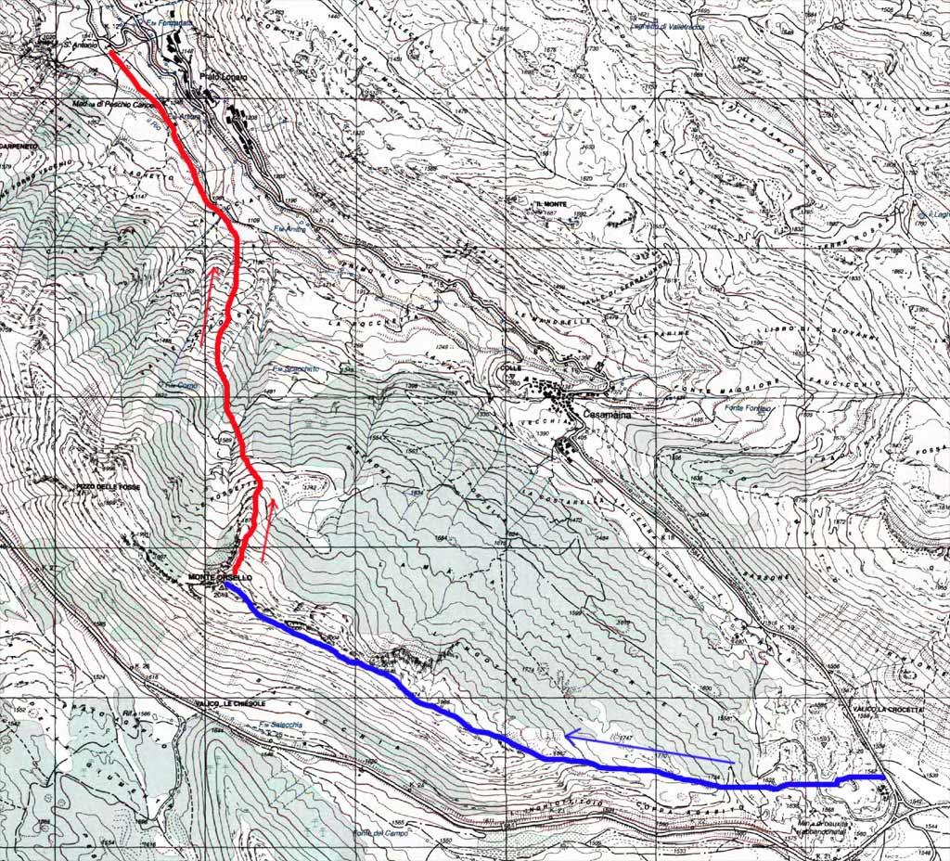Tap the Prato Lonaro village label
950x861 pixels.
(224, 78)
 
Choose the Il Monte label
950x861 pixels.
(550, 203)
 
